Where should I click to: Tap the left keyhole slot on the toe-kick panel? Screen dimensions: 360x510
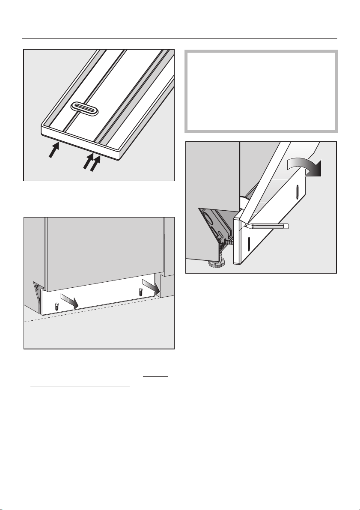pyautogui.click(x=58, y=307)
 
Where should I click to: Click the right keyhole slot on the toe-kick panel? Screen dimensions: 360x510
pyautogui.click(x=141, y=293)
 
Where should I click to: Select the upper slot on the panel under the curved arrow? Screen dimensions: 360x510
pyautogui.click(x=297, y=191)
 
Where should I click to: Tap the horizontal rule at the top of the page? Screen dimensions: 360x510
pyautogui.click(x=180, y=38)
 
